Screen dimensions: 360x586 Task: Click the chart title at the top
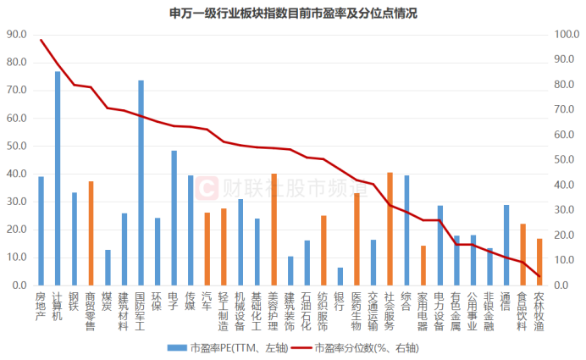(293, 13)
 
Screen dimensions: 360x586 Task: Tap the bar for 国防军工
(141, 183)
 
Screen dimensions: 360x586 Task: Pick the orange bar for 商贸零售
(91, 233)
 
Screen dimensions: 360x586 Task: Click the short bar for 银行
(340, 276)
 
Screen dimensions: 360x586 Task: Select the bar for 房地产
(41, 230)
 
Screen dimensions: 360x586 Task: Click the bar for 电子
(174, 218)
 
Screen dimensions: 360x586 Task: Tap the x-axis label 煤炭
(108, 302)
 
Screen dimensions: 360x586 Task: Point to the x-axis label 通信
(506, 302)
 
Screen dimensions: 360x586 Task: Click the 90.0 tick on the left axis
(17, 34)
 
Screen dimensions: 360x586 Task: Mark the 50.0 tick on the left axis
(17, 146)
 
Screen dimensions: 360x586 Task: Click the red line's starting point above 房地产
(41, 40)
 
